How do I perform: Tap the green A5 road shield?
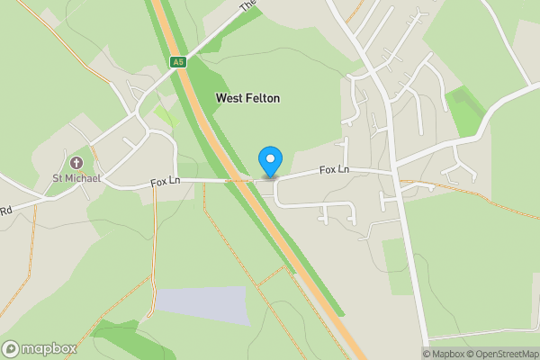[x=177, y=61]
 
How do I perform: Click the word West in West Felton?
[x=229, y=97]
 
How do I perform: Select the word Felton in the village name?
[x=262, y=97]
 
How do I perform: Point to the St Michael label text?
[x=76, y=178]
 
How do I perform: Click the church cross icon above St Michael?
[x=76, y=164]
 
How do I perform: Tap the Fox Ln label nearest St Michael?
[x=166, y=181]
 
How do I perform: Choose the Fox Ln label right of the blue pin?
[x=333, y=169]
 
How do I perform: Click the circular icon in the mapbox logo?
[x=12, y=348]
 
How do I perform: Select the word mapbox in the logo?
[x=49, y=348]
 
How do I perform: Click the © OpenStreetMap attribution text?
[x=500, y=354]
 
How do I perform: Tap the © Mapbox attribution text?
[x=443, y=354]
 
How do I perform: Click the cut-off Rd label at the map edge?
[x=5, y=211]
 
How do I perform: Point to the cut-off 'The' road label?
[x=248, y=5]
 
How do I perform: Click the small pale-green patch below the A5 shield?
[x=165, y=115]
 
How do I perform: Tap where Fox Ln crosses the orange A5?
[x=243, y=181]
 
